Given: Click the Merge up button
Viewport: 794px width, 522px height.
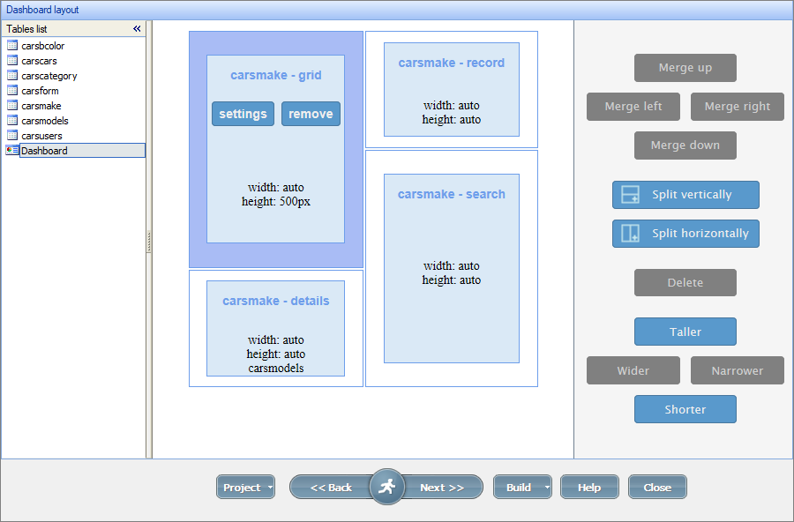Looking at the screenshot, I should point(685,68).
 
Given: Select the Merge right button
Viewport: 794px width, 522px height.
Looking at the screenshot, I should point(737,107).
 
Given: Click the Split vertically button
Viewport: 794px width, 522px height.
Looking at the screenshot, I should point(685,195).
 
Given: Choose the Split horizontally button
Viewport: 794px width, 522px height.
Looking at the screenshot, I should point(685,234).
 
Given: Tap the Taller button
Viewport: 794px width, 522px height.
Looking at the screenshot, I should point(685,332).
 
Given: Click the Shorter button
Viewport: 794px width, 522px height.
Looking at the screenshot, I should point(685,410).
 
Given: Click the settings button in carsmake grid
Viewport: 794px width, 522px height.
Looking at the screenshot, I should point(243,114).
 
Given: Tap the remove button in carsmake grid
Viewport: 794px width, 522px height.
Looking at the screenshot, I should point(311,114).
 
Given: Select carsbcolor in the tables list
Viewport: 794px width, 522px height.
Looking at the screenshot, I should point(42,46).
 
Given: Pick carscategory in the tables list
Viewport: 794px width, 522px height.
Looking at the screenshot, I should point(49,76).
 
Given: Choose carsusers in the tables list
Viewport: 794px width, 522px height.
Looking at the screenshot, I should point(41,136).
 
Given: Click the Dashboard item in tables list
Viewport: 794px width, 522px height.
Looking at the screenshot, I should point(44,151).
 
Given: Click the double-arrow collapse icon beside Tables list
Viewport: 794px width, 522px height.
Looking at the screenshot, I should point(137,29).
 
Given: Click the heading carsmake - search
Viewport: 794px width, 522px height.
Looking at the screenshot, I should point(451,194).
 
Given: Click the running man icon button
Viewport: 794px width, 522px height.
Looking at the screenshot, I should point(386,487).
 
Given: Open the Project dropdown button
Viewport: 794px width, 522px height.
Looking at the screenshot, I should point(244,488).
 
